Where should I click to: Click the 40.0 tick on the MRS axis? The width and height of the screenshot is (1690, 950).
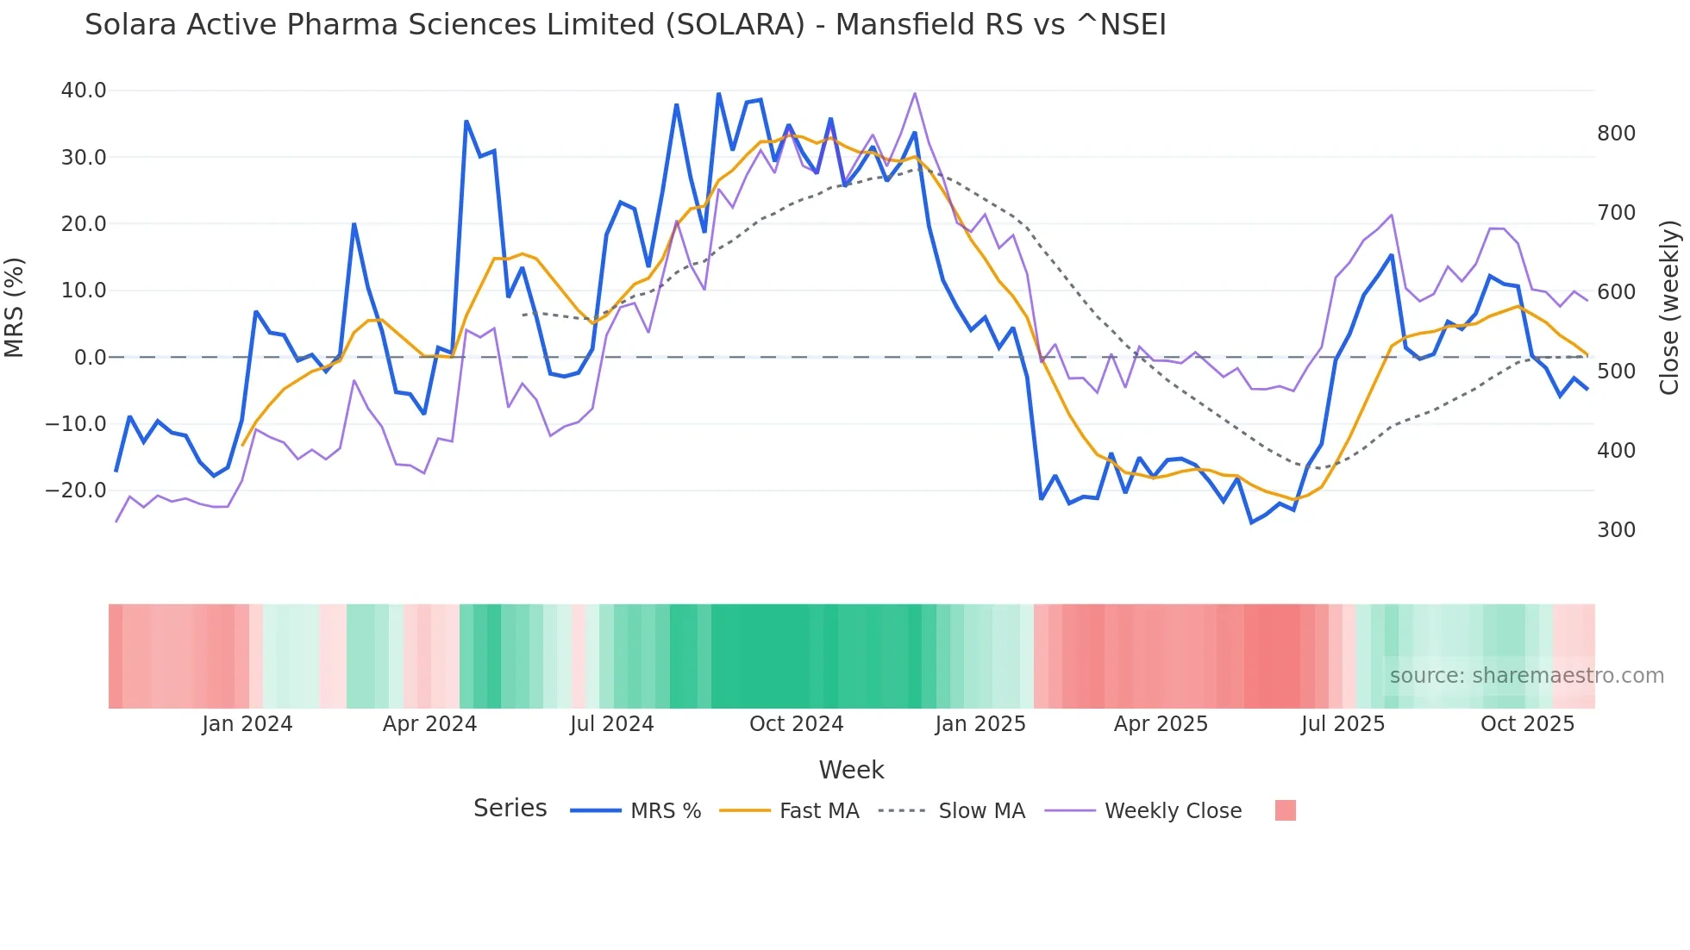point(83,91)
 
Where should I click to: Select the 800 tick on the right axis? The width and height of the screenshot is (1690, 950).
point(1616,134)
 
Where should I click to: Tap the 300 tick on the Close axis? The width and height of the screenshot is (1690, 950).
point(1616,530)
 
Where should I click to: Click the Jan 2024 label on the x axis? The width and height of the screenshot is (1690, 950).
point(247,724)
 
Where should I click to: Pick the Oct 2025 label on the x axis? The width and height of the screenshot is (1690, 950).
point(1527,724)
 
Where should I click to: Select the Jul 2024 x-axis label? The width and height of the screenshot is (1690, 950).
point(611,724)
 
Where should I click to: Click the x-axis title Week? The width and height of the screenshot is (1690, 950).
point(851,770)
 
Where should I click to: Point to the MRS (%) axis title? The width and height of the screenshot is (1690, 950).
point(15,308)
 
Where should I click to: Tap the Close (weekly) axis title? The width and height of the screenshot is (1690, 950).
point(1670,308)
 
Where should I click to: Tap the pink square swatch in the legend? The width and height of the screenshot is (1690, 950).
point(1285,810)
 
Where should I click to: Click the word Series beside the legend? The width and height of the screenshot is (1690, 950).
point(510,809)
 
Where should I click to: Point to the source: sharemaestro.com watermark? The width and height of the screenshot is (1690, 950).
point(1526,676)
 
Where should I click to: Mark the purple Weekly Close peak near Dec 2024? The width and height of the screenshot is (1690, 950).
point(914,94)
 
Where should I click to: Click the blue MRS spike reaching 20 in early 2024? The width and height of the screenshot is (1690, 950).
point(354,224)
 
